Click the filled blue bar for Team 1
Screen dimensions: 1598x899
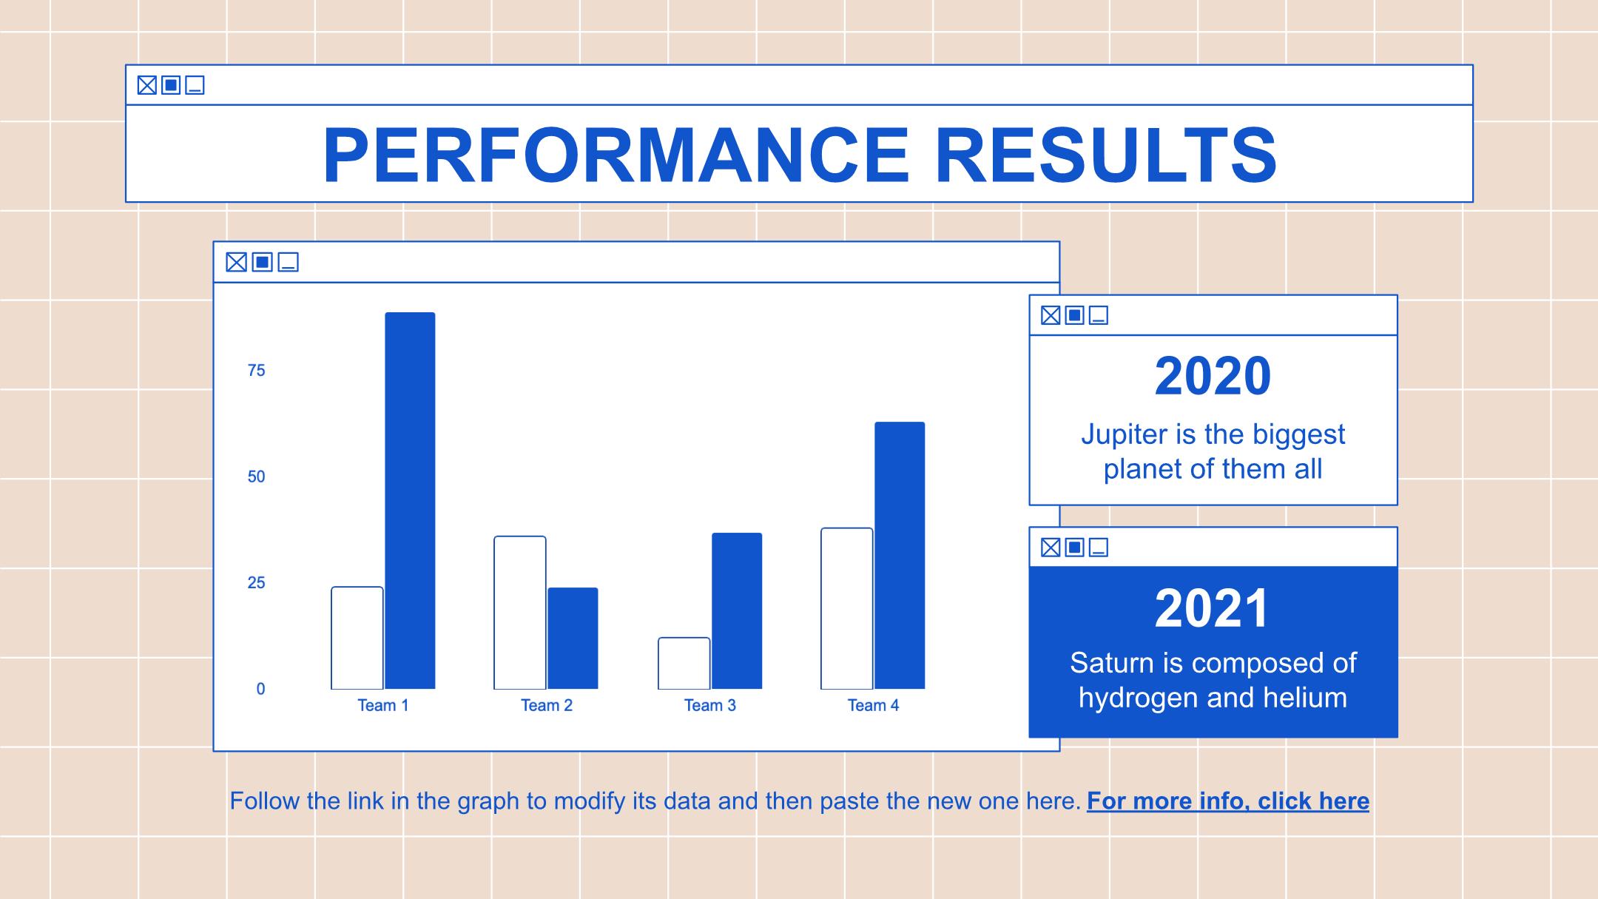410,500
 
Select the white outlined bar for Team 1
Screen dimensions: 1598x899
357,638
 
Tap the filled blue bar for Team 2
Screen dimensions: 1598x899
573,638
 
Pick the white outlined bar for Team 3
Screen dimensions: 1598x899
684,663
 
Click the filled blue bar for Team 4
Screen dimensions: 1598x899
900,555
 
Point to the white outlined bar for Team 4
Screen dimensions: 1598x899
847,608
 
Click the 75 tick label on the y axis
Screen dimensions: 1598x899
256,371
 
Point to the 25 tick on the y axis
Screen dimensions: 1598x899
256,583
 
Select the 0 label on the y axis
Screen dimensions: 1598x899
260,689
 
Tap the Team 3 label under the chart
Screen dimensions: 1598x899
710,705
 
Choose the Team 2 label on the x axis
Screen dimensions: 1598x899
547,705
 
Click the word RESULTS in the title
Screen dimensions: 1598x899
1106,155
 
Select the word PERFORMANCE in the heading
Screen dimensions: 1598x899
616,155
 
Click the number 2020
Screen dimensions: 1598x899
1213,376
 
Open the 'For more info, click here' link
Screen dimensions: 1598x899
1228,801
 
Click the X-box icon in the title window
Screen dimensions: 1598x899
147,85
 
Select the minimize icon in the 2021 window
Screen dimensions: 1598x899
1099,548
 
